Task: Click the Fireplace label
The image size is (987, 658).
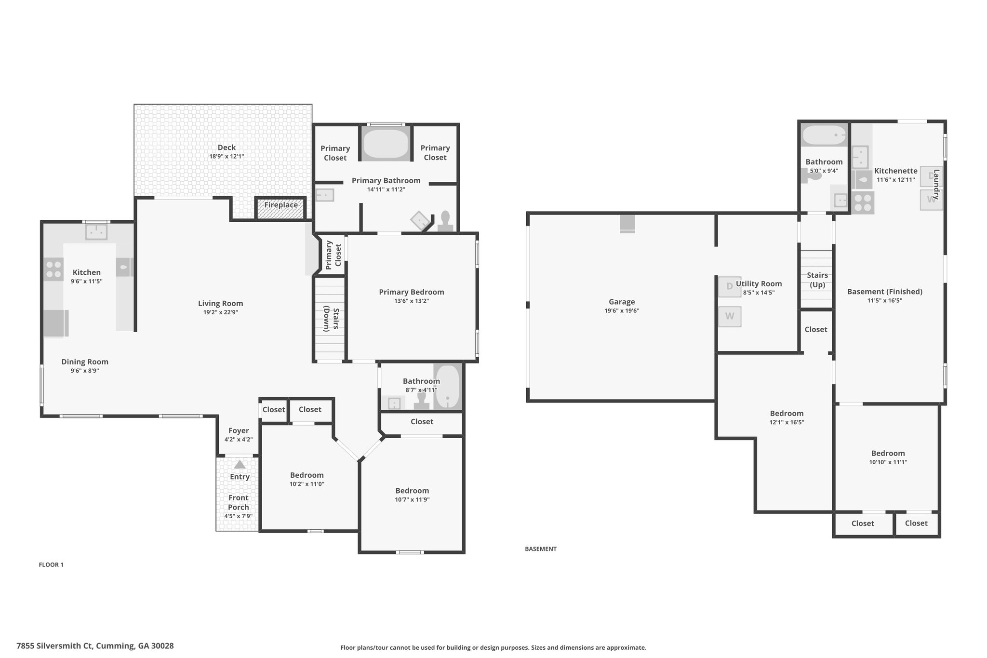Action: point(281,205)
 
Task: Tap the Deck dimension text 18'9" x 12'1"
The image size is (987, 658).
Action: point(227,156)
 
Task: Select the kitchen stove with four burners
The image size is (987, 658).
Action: point(53,269)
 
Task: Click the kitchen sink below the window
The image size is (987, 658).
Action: point(96,232)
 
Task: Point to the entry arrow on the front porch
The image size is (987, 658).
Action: point(240,465)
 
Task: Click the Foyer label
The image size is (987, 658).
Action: point(239,430)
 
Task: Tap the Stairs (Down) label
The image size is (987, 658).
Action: point(331,319)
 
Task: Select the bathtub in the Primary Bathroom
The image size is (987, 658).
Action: point(386,143)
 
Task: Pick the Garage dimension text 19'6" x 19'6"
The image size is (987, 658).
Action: point(622,311)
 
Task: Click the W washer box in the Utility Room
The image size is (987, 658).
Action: point(730,317)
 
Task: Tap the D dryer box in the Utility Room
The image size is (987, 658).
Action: point(730,286)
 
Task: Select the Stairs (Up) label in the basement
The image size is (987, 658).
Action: point(817,280)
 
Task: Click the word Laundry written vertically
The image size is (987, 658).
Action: point(936,184)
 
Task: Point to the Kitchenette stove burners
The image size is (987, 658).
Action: point(863,202)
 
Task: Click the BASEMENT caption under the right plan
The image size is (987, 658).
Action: point(541,549)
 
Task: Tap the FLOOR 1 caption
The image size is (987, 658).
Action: point(51,564)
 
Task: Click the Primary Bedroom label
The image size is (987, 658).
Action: point(412,292)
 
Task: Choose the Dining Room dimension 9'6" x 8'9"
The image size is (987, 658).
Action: point(85,371)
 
